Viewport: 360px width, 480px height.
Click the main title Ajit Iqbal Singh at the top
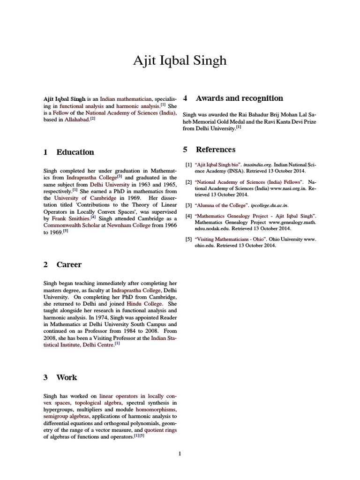[180, 60]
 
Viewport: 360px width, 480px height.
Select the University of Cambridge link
[82, 198]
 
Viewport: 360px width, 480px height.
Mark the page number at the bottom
[180, 453]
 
